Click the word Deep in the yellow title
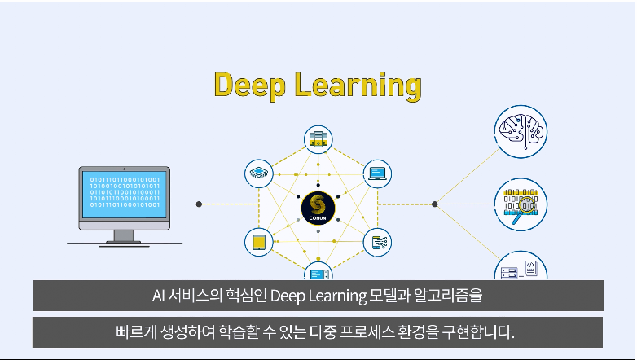click(x=249, y=85)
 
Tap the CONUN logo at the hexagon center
click(x=318, y=208)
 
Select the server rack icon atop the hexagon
click(x=318, y=139)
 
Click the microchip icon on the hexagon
click(x=258, y=173)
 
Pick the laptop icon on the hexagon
click(x=377, y=173)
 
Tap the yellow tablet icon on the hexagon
click(x=258, y=242)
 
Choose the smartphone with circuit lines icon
click(x=377, y=242)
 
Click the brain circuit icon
click(x=521, y=131)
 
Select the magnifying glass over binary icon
click(x=521, y=204)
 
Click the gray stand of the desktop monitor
click(x=124, y=237)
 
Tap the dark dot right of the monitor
click(x=199, y=204)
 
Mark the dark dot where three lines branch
click(x=435, y=204)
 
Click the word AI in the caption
click(x=159, y=296)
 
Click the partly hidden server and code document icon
click(x=521, y=266)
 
